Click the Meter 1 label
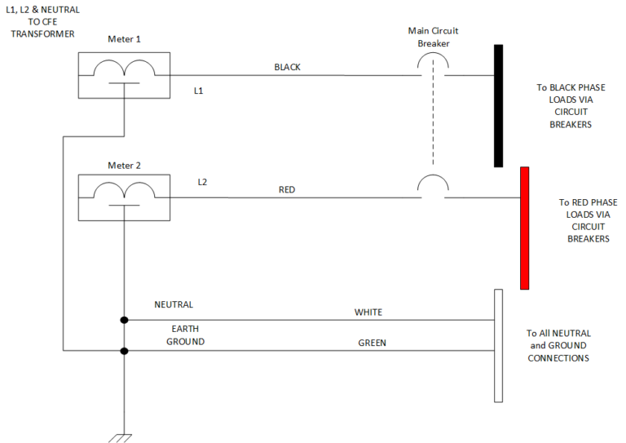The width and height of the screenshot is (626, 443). click(124, 39)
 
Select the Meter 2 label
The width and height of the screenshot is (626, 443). click(124, 166)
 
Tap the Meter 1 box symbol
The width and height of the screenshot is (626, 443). click(123, 75)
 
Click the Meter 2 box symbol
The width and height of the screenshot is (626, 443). click(123, 197)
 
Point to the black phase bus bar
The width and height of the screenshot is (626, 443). click(498, 106)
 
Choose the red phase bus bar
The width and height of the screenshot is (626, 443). click(524, 228)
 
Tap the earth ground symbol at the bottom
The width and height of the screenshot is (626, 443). click(124, 437)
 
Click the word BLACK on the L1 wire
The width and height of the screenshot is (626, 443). click(287, 67)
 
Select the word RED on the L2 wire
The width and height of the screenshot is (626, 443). click(287, 189)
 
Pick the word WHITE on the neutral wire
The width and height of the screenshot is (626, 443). click(368, 312)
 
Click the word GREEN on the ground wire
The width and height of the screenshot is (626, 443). click(372, 343)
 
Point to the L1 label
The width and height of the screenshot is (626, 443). click(198, 91)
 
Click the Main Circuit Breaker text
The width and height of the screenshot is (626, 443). click(433, 37)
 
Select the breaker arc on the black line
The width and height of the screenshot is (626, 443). click(433, 64)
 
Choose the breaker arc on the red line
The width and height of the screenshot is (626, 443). click(433, 186)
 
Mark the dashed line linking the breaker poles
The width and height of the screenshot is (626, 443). click(433, 122)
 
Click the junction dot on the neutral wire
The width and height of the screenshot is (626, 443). click(124, 321)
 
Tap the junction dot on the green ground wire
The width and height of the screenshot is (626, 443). click(124, 352)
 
